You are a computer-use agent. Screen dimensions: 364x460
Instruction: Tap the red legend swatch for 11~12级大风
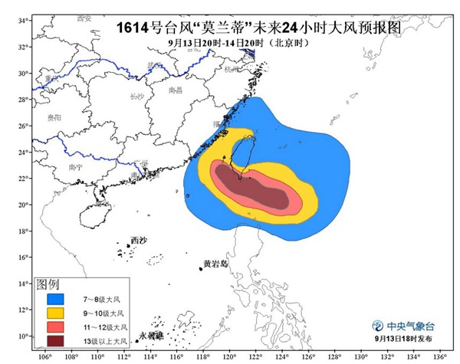click(x=55, y=327)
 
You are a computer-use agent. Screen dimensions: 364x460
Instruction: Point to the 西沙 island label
click(x=138, y=241)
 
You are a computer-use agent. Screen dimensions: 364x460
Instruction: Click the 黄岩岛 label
click(x=216, y=264)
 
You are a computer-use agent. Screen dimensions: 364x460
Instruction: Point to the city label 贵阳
click(x=54, y=117)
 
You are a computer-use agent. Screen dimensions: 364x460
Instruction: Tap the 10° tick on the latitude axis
click(x=24, y=336)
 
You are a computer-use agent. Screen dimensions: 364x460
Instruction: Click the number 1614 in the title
click(x=133, y=28)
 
